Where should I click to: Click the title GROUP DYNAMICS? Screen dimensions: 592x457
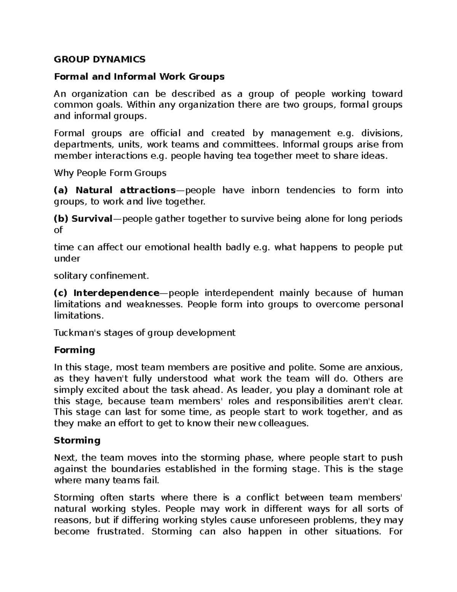(99, 59)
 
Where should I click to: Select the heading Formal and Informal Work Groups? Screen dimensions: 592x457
(139, 77)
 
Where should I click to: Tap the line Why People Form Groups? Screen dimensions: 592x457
(110, 173)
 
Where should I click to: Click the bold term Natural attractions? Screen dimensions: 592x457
(125, 190)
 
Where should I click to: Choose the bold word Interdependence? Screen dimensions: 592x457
(116, 293)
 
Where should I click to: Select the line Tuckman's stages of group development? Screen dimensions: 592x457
(145, 333)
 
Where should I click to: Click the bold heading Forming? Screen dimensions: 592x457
(74, 350)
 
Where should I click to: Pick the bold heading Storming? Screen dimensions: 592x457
(77, 441)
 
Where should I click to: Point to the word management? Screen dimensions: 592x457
(300, 133)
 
